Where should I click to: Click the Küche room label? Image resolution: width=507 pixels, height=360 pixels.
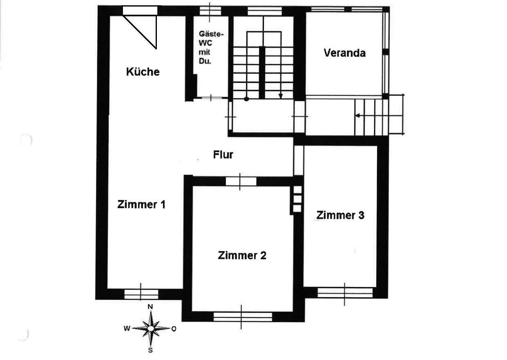click(143, 72)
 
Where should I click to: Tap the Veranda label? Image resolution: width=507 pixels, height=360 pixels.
click(344, 53)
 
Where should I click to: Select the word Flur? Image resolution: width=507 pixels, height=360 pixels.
click(223, 155)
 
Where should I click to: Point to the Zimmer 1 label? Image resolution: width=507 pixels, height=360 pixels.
click(141, 204)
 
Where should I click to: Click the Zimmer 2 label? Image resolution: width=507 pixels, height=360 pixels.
click(242, 255)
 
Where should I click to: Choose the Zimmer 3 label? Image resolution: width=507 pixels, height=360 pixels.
click(340, 215)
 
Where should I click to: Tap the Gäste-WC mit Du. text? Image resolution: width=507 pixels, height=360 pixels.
click(211, 47)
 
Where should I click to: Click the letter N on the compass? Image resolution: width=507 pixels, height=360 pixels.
click(150, 307)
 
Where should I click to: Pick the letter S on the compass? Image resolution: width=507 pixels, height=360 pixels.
click(150, 350)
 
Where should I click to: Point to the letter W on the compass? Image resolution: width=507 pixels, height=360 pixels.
click(127, 328)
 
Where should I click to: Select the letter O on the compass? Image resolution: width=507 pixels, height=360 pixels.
click(174, 329)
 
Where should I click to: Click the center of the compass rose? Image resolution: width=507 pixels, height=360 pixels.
click(151, 328)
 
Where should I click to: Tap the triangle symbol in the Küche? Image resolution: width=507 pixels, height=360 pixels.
click(140, 32)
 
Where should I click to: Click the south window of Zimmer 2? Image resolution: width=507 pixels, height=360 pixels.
click(243, 317)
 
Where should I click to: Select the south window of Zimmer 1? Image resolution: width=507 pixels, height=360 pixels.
click(141, 294)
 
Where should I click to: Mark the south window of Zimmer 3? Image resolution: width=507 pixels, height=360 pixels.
click(345, 292)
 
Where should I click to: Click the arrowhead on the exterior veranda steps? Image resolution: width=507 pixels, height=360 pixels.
click(357, 116)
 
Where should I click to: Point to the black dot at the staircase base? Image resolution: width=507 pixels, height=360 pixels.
click(246, 99)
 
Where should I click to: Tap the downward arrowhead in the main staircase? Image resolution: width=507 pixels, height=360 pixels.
click(281, 96)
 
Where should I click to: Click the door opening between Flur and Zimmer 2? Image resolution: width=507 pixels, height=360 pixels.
click(241, 181)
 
